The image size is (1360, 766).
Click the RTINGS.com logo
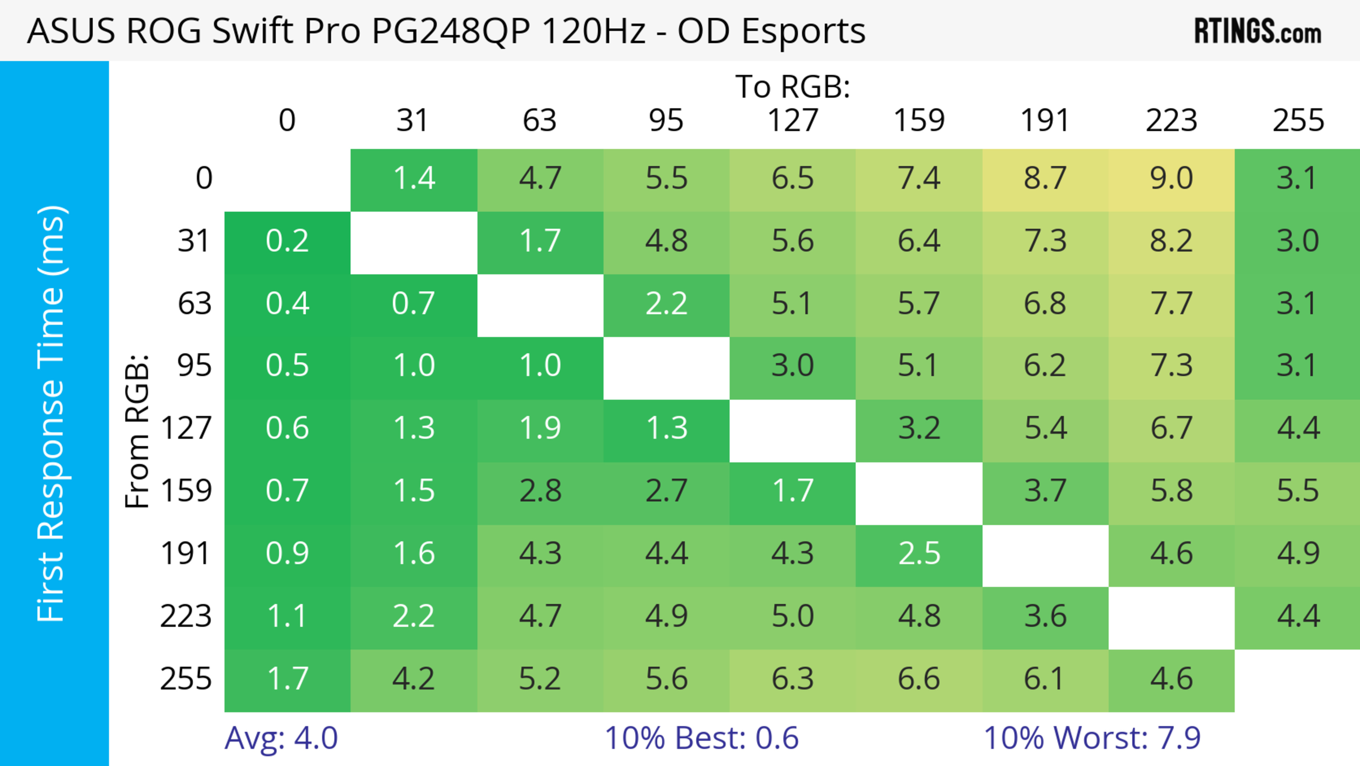[x=1258, y=32]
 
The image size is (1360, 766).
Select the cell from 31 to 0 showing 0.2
[x=287, y=241]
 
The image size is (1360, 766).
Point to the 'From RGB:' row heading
[x=137, y=431]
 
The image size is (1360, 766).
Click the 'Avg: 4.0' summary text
[x=281, y=738]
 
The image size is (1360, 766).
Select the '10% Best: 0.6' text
[x=701, y=738]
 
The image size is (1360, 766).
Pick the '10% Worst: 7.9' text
[x=1092, y=738]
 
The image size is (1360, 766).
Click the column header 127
[x=793, y=121]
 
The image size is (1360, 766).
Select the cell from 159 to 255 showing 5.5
[x=1298, y=491]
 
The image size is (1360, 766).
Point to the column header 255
[x=1298, y=121]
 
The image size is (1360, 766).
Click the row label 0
[x=204, y=179]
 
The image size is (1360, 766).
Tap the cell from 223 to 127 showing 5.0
[x=793, y=616]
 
